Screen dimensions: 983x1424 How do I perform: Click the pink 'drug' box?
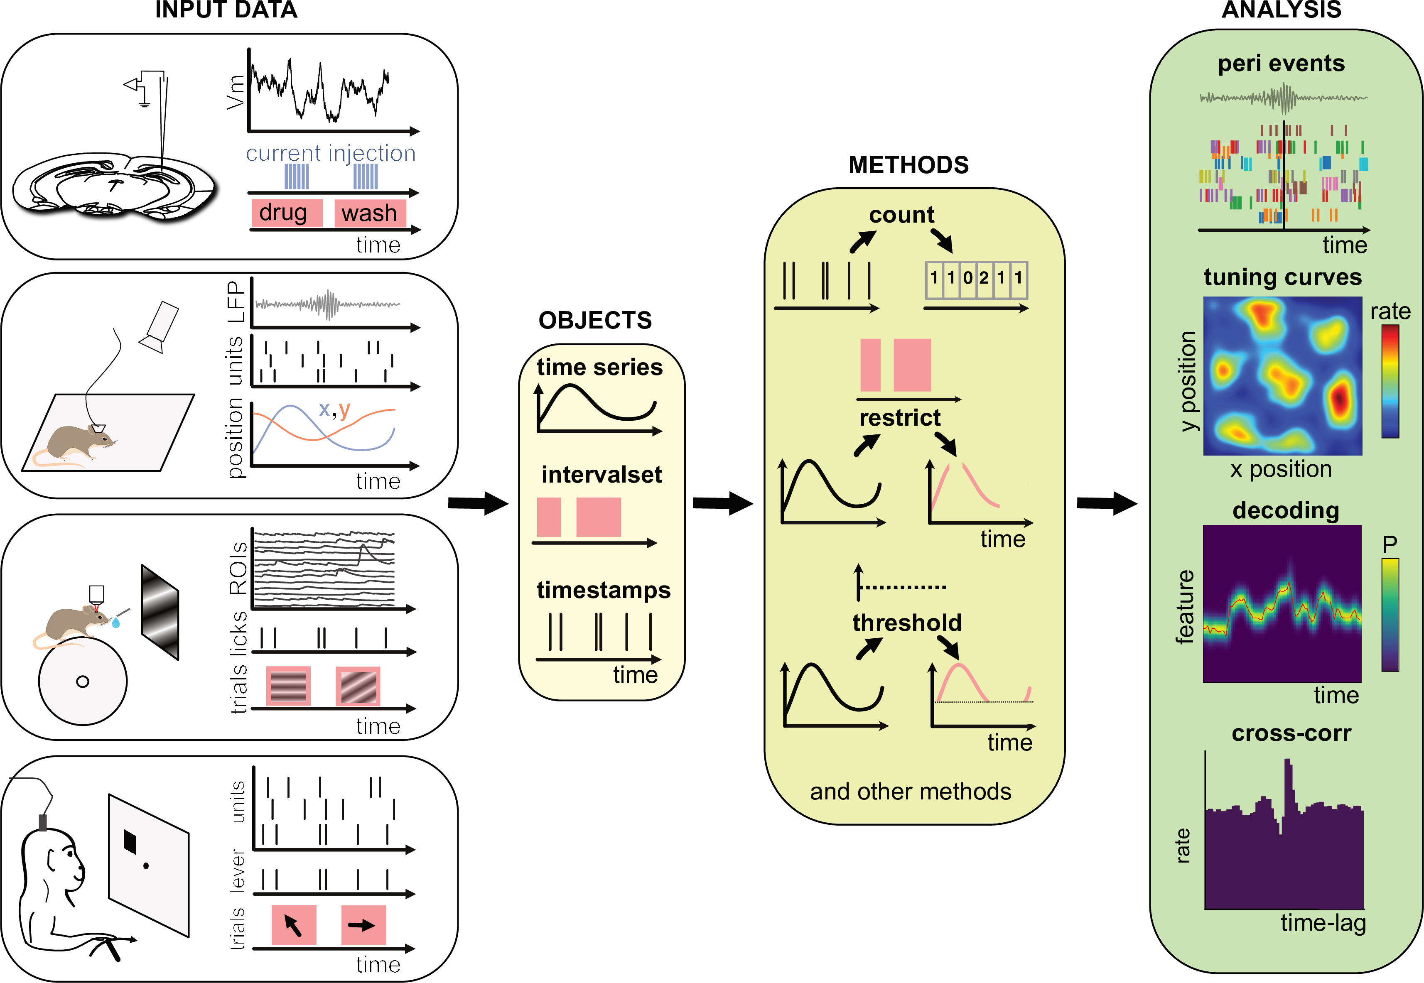tap(286, 213)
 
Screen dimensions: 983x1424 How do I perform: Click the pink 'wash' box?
tap(370, 213)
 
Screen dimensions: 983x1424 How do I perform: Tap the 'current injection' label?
tap(331, 153)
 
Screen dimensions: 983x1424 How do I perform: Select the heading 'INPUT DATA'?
tap(226, 10)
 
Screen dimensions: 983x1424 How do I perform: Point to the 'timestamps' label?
tap(603, 590)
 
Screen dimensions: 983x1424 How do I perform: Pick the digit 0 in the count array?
tap(967, 278)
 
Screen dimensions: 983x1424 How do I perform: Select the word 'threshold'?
tap(907, 623)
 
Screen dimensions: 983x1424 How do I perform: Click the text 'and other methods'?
tap(910, 792)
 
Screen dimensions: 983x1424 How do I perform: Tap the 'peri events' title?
tap(1281, 64)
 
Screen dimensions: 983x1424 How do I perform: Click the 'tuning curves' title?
tap(1282, 277)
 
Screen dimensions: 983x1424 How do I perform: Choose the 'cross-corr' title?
tap(1291, 733)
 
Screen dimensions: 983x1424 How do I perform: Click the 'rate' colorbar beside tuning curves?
tap(1390, 381)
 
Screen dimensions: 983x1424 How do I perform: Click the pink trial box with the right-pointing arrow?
tap(363, 924)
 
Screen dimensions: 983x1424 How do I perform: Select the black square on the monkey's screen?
tap(129, 841)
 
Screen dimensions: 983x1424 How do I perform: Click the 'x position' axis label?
tap(1281, 469)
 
